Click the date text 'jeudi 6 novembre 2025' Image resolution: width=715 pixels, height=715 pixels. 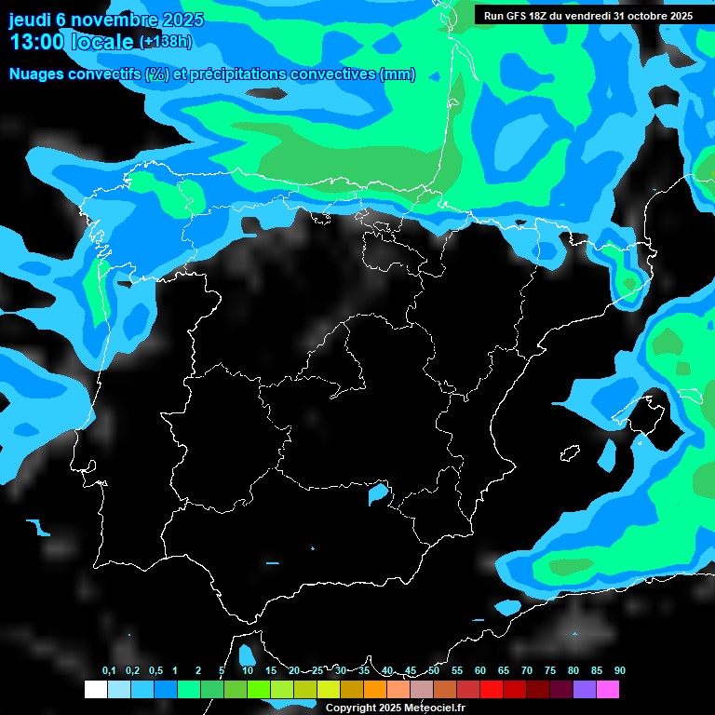107,20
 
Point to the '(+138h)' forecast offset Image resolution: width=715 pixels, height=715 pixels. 166,42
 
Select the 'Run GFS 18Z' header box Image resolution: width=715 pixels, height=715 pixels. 588,15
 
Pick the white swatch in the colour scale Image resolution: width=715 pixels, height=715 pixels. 95,690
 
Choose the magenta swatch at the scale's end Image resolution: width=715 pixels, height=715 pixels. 608,690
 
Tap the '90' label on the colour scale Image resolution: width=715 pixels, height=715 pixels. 620,671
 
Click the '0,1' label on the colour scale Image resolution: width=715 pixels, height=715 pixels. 109,671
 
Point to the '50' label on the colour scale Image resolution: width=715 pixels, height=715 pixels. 434,671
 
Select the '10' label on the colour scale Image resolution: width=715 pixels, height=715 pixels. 248,671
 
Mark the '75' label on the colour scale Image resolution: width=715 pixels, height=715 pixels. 550,671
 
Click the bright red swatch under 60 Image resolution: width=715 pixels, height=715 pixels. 492,690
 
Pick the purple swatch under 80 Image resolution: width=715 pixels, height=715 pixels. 585,690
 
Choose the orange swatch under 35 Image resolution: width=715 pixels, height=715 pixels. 375,690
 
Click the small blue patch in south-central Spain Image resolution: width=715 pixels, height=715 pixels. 378,492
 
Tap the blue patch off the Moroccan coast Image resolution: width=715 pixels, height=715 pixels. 247,654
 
